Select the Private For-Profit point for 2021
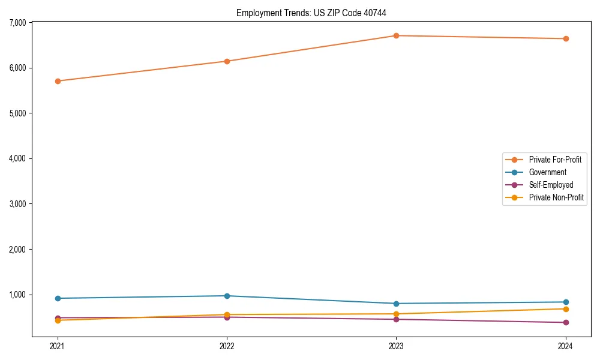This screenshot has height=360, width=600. click(58, 81)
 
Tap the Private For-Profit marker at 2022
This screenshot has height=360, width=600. click(227, 61)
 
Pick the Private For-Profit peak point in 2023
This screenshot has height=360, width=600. click(396, 35)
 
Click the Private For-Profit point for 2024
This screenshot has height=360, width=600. click(566, 38)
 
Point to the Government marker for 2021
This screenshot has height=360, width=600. click(58, 298)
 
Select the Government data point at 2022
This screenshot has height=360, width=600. click(227, 296)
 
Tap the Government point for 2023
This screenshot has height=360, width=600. click(396, 304)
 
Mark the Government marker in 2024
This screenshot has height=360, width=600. click(566, 302)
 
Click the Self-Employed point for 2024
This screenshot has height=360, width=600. click(566, 322)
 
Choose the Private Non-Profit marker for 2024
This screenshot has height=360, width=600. click(566, 309)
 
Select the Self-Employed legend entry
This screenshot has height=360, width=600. click(551, 185)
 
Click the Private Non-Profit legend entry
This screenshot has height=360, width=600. click(556, 197)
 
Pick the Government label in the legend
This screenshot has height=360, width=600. click(547, 172)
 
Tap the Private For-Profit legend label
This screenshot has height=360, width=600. click(555, 160)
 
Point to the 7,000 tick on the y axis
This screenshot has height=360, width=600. click(17, 23)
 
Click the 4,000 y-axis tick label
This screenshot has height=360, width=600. click(17, 158)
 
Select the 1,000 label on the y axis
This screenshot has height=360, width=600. click(17, 295)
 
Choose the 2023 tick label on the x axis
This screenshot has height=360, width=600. click(396, 346)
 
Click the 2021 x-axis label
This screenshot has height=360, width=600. click(58, 346)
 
